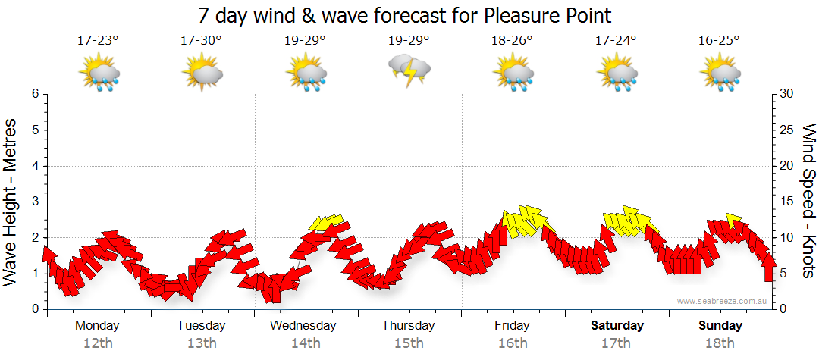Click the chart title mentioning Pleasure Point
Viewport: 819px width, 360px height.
click(404, 15)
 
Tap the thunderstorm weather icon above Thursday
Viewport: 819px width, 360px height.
click(409, 70)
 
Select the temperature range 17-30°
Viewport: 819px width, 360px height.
click(201, 41)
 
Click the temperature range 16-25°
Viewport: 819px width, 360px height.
click(719, 41)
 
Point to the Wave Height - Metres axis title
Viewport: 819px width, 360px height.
click(11, 202)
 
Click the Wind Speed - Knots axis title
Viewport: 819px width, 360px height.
click(808, 202)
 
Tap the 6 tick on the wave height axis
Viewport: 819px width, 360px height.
click(34, 94)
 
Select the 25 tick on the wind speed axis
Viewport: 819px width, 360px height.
click(787, 130)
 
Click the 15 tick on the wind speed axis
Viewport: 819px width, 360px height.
click(787, 202)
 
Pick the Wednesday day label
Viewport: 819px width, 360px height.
click(303, 326)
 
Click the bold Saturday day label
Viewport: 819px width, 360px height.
click(617, 326)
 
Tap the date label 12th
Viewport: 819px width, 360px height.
click(98, 343)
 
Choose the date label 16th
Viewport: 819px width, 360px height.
click(513, 343)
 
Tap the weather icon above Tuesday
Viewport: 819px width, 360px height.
click(202, 73)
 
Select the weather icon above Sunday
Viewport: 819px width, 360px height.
click(720, 73)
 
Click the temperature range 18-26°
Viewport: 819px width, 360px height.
click(513, 41)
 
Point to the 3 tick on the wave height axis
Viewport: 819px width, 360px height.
click(34, 202)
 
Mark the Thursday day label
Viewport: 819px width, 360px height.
click(408, 326)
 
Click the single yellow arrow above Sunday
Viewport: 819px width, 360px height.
click(733, 220)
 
